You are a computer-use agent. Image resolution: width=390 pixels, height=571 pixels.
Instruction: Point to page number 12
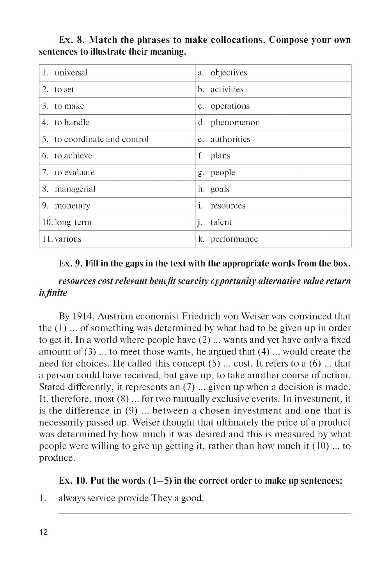43,532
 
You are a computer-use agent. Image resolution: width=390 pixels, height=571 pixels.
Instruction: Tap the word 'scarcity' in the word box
193,281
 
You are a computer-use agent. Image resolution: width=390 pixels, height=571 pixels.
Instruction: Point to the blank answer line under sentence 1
204,514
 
